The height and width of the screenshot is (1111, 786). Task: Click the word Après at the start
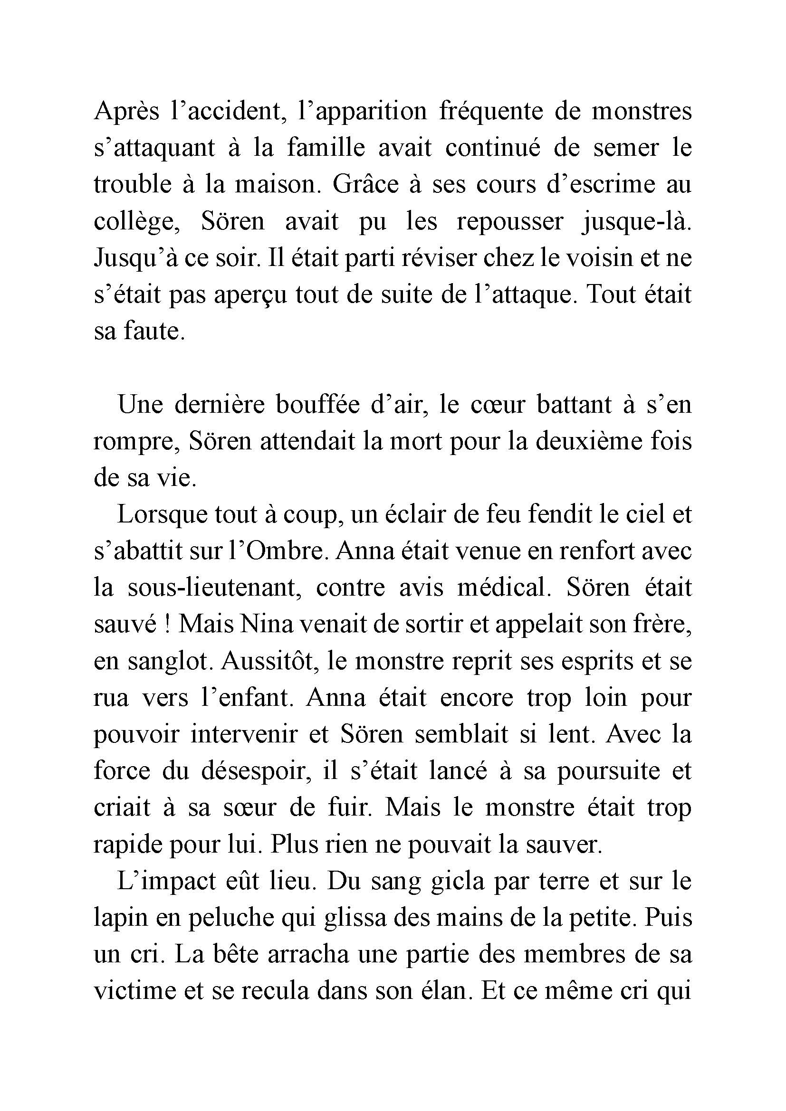coord(126,112)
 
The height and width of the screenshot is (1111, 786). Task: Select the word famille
coord(326,148)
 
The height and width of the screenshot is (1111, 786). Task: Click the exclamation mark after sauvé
coord(166,625)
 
